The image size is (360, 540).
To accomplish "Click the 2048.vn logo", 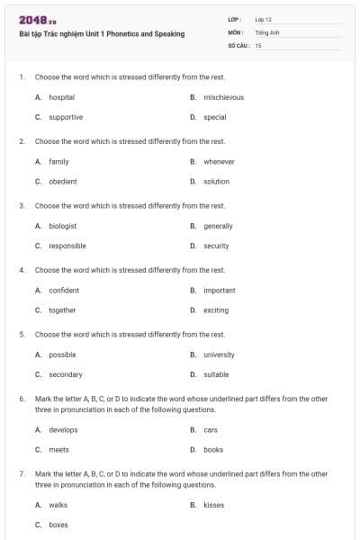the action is [x=38, y=20].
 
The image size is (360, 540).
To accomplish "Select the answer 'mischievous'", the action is [x=223, y=97].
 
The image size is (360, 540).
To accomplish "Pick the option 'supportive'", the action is [x=66, y=117].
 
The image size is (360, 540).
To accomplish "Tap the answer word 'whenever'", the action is [x=219, y=162].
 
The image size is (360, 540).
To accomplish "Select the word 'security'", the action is [x=216, y=246].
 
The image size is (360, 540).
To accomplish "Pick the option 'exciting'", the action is [x=216, y=310].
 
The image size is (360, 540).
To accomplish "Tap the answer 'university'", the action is [x=219, y=355].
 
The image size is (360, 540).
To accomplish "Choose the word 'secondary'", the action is [x=66, y=374].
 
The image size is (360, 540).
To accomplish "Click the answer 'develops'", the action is [x=63, y=430].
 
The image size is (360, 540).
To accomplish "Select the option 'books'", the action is [x=213, y=450].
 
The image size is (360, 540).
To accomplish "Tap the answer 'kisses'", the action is [x=214, y=505].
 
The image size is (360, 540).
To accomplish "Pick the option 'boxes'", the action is [x=58, y=525].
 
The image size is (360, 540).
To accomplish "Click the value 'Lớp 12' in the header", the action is [x=263, y=19].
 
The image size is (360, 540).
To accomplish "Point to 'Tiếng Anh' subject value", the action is [x=266, y=31].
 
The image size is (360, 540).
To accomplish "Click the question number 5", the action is [x=21, y=335].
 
